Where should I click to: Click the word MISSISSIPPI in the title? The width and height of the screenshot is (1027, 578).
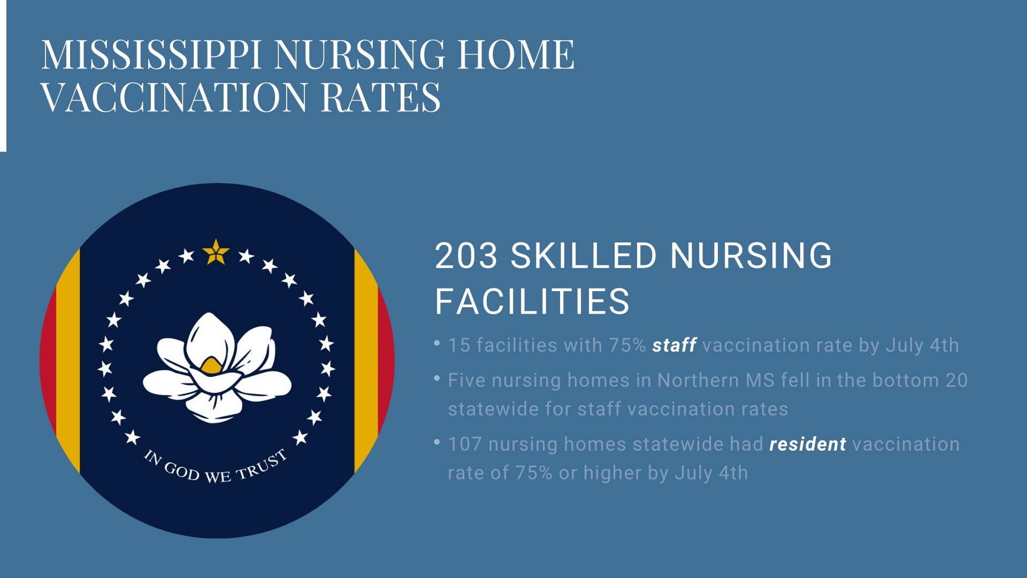pos(151,55)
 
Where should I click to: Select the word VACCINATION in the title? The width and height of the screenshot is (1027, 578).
pos(174,97)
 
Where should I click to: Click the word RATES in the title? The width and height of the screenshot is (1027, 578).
pos(380,97)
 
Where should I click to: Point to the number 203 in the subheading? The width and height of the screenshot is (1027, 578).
pos(466,256)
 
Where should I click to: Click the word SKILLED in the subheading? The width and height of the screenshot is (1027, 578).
pos(584,256)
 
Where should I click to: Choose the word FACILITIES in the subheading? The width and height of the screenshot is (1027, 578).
pos(532,301)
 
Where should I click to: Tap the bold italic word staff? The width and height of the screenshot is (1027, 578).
pos(674,345)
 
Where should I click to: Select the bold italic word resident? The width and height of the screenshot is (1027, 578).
pos(808,444)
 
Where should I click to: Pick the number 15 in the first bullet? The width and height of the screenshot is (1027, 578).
pos(459,345)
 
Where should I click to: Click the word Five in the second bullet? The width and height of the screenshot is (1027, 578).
pos(467,381)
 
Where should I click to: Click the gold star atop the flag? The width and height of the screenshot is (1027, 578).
pos(216,253)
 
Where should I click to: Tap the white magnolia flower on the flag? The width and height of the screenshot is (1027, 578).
pos(217,368)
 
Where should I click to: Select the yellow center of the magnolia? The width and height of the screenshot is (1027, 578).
pos(211,366)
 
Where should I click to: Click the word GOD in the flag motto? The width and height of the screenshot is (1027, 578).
pos(181,471)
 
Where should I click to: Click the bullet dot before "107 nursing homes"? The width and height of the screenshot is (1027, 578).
pos(437,442)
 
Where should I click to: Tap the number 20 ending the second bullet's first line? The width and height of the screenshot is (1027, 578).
pos(957,381)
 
